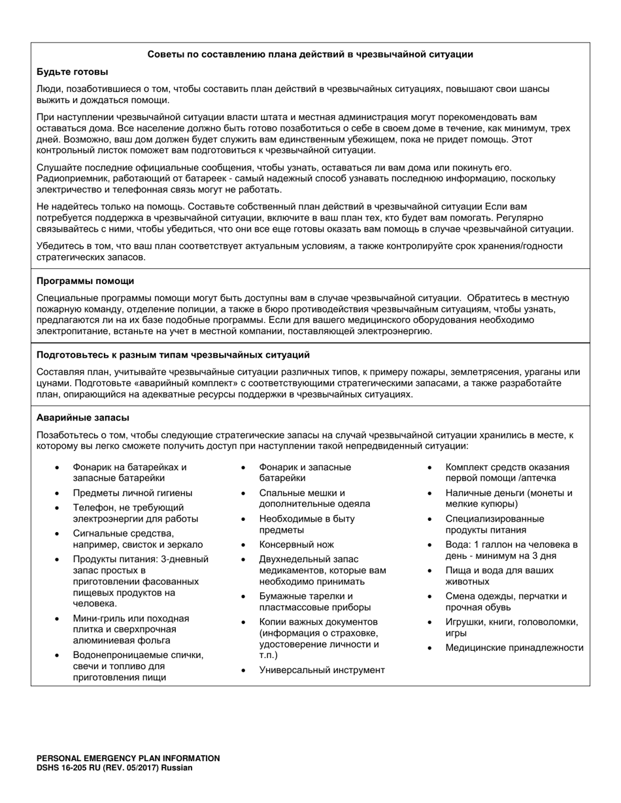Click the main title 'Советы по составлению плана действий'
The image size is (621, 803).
(x=310, y=54)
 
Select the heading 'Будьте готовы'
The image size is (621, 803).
(x=72, y=72)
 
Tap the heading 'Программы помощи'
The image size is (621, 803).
(x=85, y=281)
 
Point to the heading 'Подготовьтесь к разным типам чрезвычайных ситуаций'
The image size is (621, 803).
(x=173, y=355)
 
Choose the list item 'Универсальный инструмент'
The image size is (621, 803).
(x=322, y=670)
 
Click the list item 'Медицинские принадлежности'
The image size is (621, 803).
(x=514, y=648)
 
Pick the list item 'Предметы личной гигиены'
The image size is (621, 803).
(x=132, y=493)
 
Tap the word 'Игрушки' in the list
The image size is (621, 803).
(x=464, y=622)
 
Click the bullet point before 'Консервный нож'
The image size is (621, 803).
(x=244, y=544)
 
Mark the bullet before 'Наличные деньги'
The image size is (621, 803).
(x=429, y=494)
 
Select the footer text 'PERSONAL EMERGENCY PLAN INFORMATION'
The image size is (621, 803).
(x=128, y=758)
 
